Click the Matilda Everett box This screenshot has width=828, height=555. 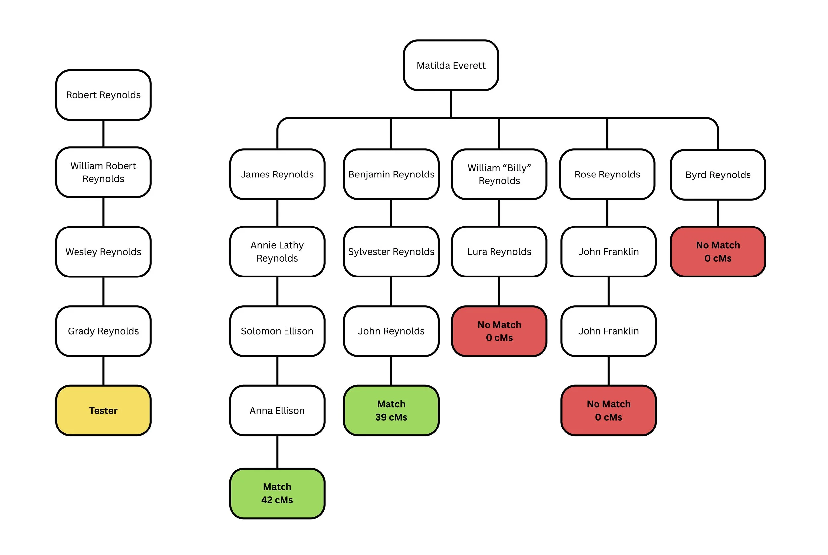click(x=451, y=65)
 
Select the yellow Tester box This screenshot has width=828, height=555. click(x=103, y=410)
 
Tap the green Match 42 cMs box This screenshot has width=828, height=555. click(x=277, y=493)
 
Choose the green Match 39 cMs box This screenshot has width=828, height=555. click(x=391, y=410)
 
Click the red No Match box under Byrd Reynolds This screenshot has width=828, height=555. click(x=718, y=252)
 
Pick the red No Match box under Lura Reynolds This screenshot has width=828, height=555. click(x=499, y=331)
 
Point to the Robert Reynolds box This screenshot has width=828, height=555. click(x=103, y=95)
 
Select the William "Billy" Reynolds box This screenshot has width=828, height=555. click(x=499, y=174)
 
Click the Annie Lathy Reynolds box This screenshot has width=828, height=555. click(x=277, y=252)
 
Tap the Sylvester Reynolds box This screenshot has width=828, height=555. click(x=391, y=252)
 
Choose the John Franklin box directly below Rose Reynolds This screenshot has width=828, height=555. click(x=608, y=252)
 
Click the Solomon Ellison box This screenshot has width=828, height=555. click(x=277, y=331)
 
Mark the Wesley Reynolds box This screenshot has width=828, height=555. click(x=103, y=252)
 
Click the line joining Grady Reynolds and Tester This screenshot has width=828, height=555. click(x=103, y=371)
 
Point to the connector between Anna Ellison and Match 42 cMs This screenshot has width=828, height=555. click(x=277, y=452)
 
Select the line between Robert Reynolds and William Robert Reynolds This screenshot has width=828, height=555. click(x=103, y=133)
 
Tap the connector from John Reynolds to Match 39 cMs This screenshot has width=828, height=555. click(x=391, y=371)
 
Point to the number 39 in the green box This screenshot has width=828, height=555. click(x=381, y=417)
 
